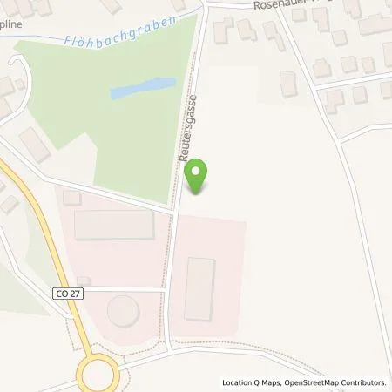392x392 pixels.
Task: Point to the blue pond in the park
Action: (x=142, y=88)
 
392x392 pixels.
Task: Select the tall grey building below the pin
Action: (x=199, y=288)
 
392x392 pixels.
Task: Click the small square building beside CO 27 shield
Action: (x=83, y=280)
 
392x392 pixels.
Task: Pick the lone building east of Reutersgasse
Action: (x=287, y=84)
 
